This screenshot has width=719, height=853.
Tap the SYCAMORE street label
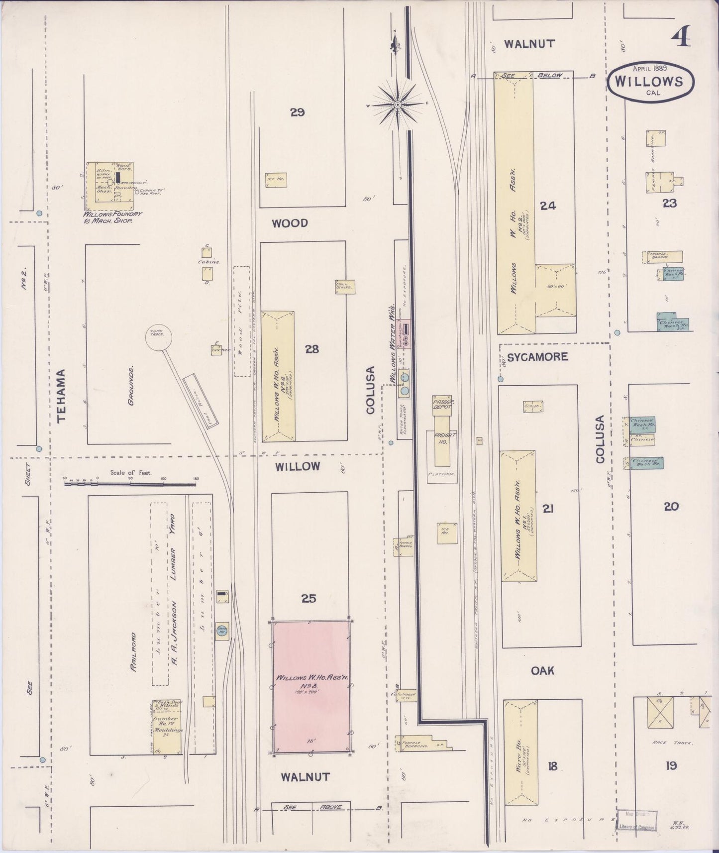click(x=538, y=357)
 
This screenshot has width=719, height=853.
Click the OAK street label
click(x=542, y=671)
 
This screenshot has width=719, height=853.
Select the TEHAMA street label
click(x=62, y=396)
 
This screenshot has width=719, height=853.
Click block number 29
click(x=298, y=112)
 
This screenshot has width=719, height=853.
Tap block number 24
click(x=548, y=205)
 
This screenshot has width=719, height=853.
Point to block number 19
click(x=671, y=765)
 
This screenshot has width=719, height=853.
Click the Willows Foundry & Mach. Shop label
click(x=112, y=216)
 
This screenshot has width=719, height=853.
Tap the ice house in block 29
click(x=276, y=179)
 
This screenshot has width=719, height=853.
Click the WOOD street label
click(x=290, y=223)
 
